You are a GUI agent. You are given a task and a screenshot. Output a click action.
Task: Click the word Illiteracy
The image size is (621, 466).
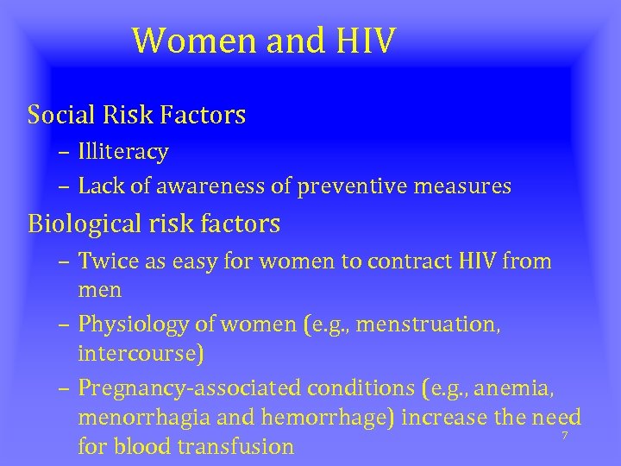pos(122,153)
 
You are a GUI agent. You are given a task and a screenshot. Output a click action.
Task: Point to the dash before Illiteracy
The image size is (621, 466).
pos(66,154)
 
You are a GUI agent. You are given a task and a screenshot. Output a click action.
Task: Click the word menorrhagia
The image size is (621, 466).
pos(135,418)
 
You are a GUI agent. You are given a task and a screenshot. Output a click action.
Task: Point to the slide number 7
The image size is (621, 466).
pos(564,436)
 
